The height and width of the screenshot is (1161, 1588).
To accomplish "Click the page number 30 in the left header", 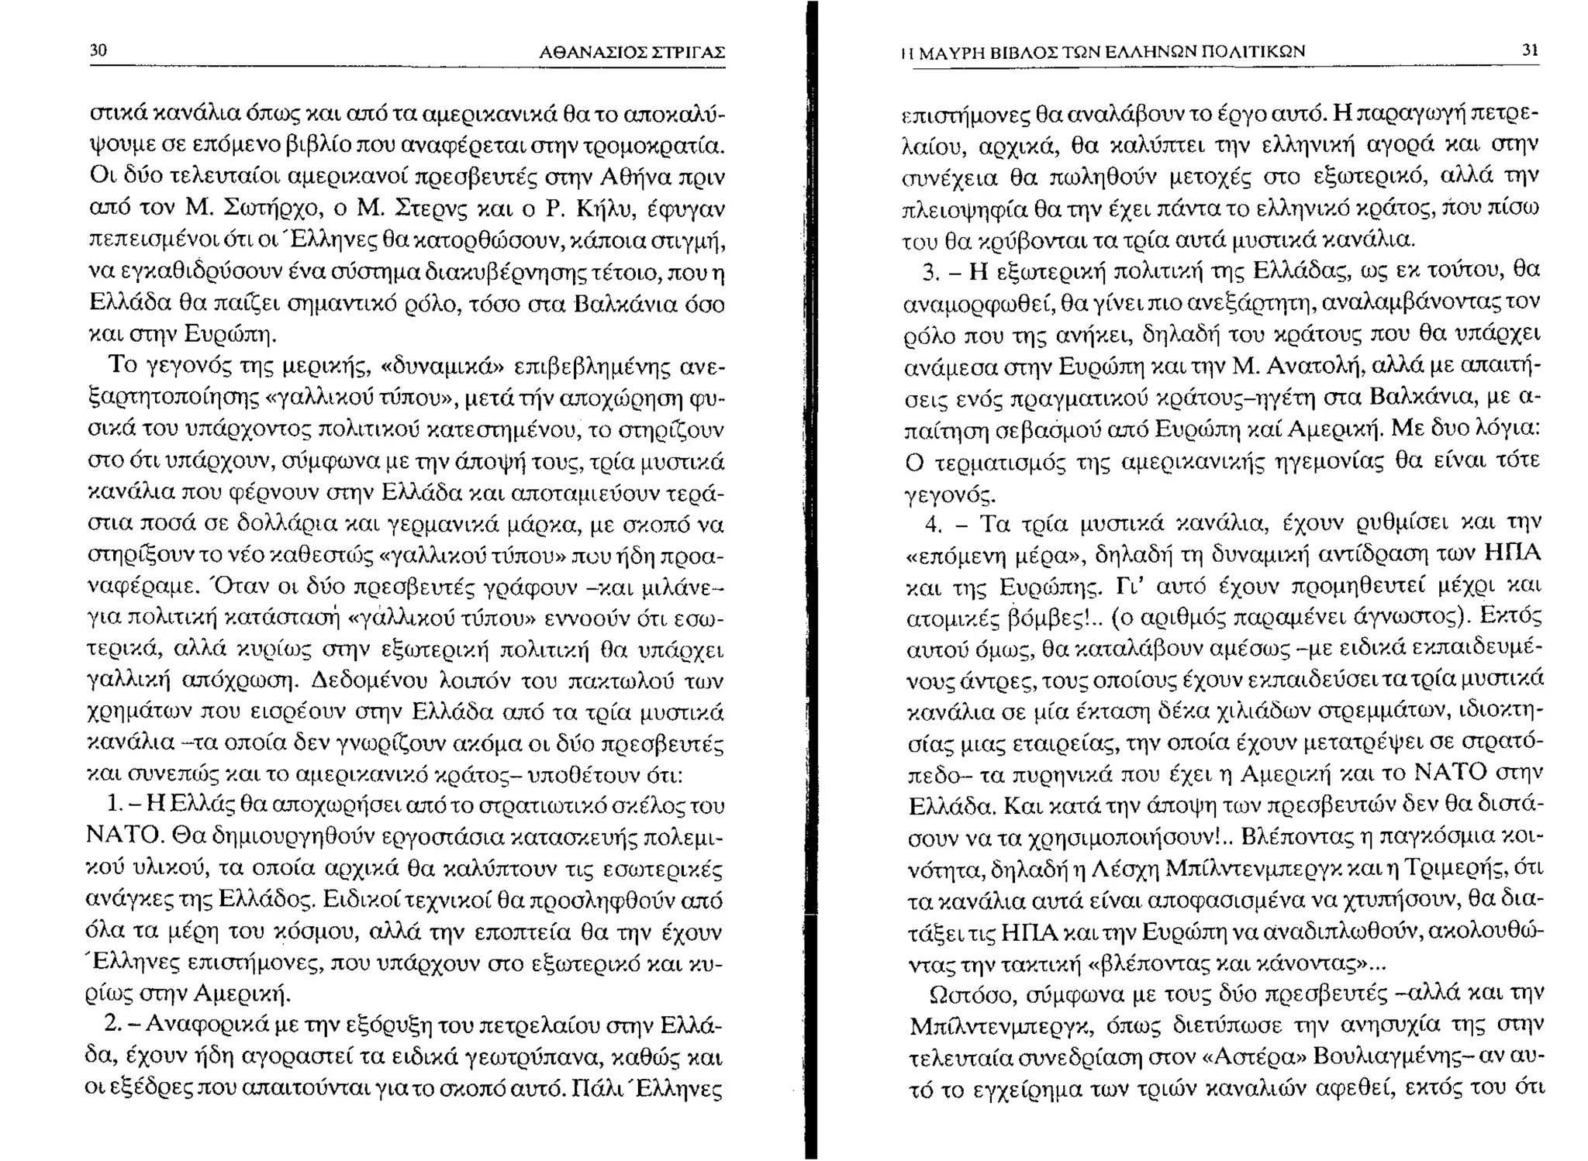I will (98, 51).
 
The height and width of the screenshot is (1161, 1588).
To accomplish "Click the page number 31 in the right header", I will (1530, 51).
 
